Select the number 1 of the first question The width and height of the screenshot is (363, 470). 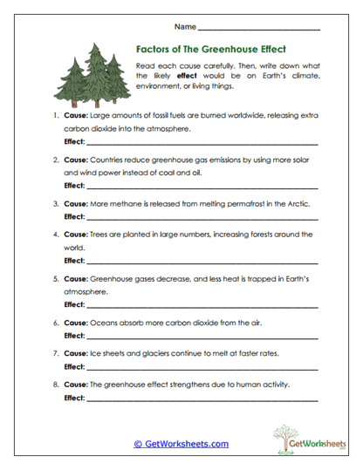point(55,115)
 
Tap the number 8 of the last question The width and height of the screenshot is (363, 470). point(55,384)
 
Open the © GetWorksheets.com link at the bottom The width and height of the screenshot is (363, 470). point(181,444)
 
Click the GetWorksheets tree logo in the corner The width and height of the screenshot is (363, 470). point(296,440)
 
